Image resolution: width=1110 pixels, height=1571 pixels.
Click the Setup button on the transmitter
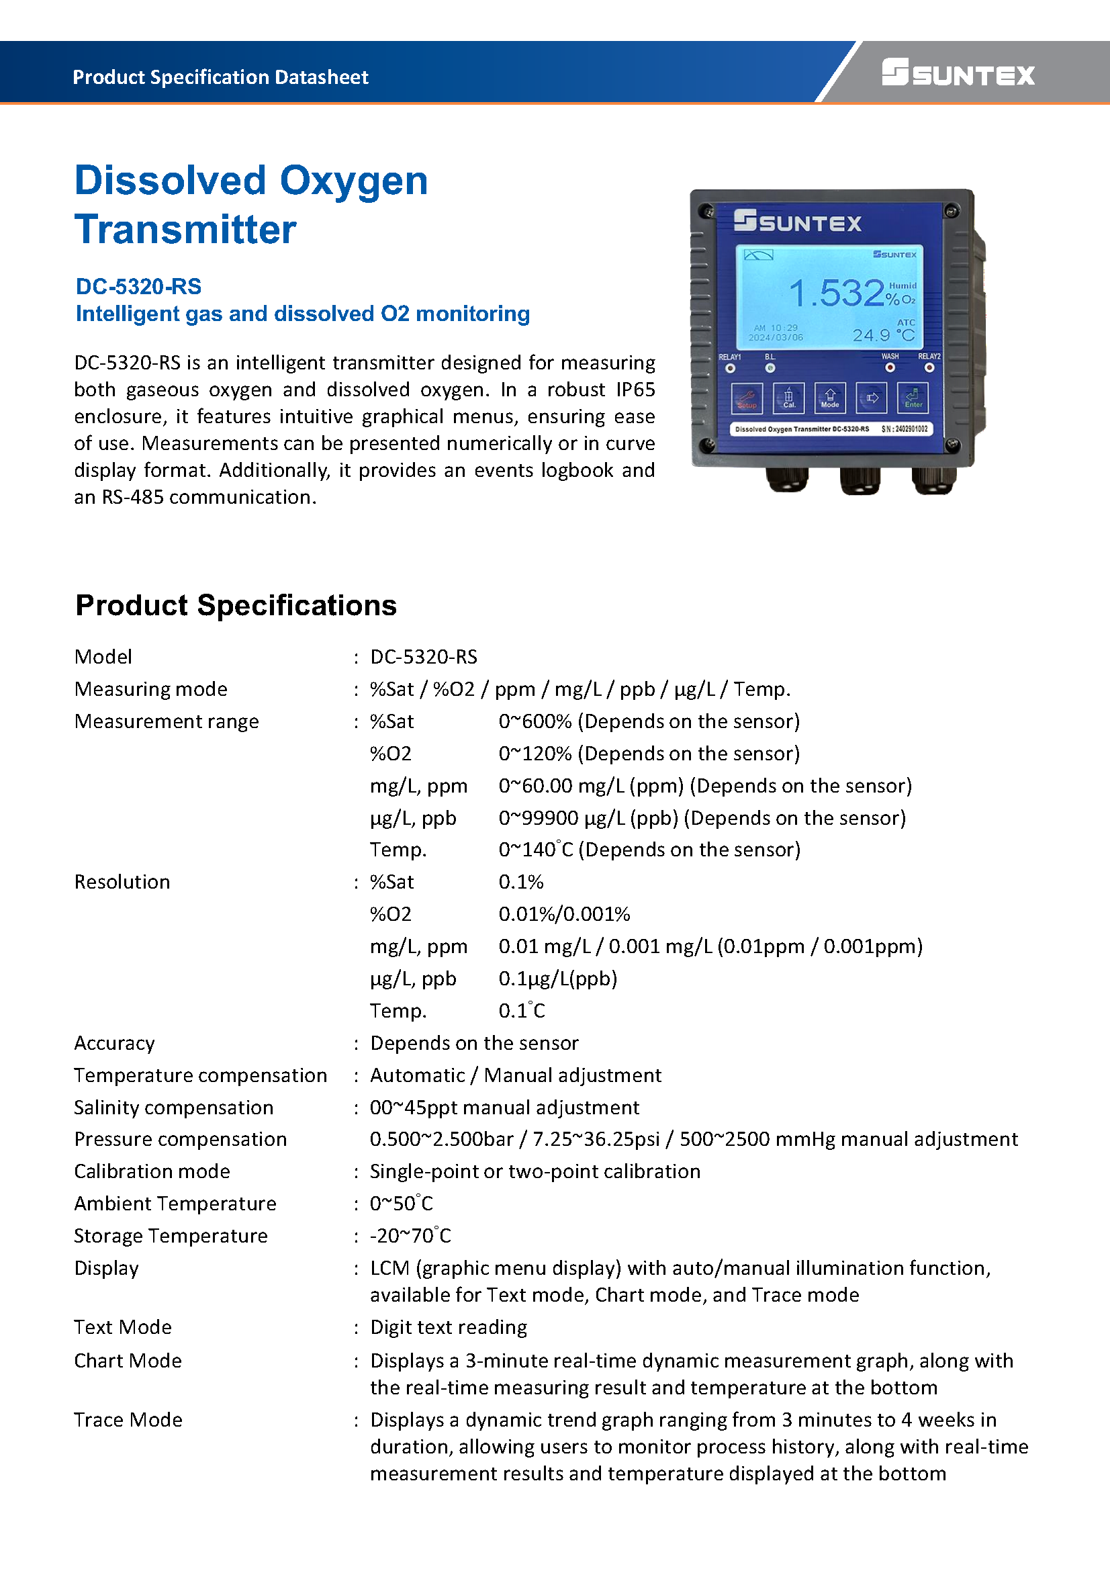coord(747,398)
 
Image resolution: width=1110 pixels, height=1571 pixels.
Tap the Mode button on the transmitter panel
coord(829,398)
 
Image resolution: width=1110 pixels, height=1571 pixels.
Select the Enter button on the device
coord(913,398)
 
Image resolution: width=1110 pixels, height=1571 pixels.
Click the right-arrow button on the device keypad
coord(872,398)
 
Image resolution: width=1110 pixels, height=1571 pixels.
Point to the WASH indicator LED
coord(890,367)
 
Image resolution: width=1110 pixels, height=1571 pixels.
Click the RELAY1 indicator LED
coord(731,368)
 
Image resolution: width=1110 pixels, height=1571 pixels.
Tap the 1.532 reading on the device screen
coord(837,293)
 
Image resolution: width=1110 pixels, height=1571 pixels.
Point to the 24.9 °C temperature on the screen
coord(883,335)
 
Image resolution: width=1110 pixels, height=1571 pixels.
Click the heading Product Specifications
coord(236,606)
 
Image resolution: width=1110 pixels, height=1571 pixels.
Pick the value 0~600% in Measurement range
coord(535,721)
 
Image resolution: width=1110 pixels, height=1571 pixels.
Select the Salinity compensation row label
coord(174,1107)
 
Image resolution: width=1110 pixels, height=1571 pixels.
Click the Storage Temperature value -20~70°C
coord(410,1236)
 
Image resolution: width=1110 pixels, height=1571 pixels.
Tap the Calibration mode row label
coord(152,1171)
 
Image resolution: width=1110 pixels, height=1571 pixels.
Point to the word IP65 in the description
coord(635,390)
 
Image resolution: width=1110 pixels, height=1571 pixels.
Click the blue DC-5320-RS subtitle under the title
coord(139,286)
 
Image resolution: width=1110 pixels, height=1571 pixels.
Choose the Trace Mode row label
coord(128,1420)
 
